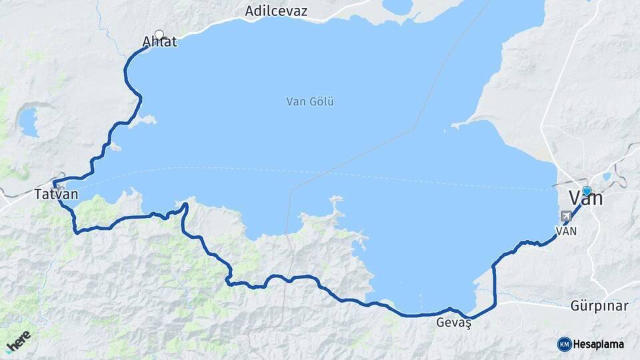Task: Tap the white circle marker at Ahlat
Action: click(x=159, y=35)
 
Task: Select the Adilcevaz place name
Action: click(x=276, y=11)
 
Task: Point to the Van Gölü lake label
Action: click(x=309, y=102)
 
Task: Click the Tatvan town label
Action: click(x=57, y=195)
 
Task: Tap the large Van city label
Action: click(x=585, y=199)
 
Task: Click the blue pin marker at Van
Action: click(x=587, y=191)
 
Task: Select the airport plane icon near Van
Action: click(x=567, y=216)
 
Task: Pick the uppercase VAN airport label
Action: click(x=566, y=231)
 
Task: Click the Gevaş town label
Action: click(x=453, y=323)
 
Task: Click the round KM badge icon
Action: click(x=564, y=344)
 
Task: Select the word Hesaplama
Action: click(x=598, y=344)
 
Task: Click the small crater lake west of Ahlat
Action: click(x=28, y=121)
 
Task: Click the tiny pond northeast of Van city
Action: click(x=606, y=177)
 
